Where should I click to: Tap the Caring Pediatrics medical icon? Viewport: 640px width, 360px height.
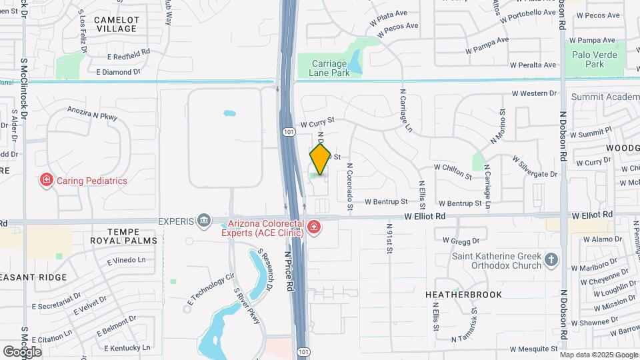(47, 179)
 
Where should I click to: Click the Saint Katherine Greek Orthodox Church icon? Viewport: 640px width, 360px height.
(551, 259)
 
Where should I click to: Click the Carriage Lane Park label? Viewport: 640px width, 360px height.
(330, 68)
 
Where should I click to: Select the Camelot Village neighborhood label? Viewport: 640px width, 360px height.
(115, 25)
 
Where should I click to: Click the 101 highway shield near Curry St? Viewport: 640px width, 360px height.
(287, 132)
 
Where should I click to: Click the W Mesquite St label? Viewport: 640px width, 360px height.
(533, 349)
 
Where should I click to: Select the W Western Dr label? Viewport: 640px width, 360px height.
(534, 94)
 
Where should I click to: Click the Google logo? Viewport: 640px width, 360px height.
(22, 351)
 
